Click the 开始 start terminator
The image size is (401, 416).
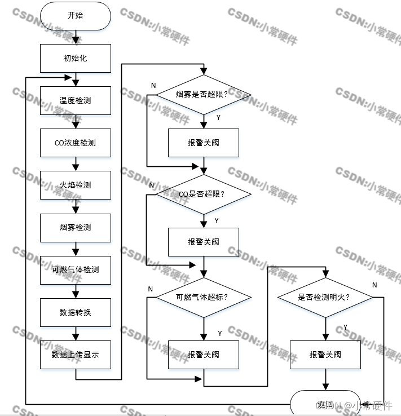tap(76, 16)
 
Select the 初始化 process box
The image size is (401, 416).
tap(76, 58)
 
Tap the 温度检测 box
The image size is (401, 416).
tap(76, 100)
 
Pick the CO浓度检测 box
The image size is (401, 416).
tap(76, 143)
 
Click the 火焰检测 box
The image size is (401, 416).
tap(76, 185)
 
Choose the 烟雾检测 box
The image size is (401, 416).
tap(76, 227)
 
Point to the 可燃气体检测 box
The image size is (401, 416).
tap(76, 269)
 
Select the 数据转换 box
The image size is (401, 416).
tap(76, 312)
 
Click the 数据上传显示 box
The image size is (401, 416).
tap(76, 355)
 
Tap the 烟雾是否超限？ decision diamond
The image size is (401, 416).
tap(204, 95)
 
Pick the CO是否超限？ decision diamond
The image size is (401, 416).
tap(204, 194)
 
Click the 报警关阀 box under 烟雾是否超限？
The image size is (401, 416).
tap(204, 143)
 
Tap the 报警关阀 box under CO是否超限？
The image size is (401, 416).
tap(204, 242)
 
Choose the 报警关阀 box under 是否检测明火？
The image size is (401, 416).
tap(325, 355)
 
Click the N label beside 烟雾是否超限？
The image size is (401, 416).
tap(153, 85)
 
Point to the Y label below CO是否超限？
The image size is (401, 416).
tap(217, 220)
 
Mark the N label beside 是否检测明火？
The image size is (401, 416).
tap(374, 285)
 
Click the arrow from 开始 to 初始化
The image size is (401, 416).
tap(76, 37)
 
